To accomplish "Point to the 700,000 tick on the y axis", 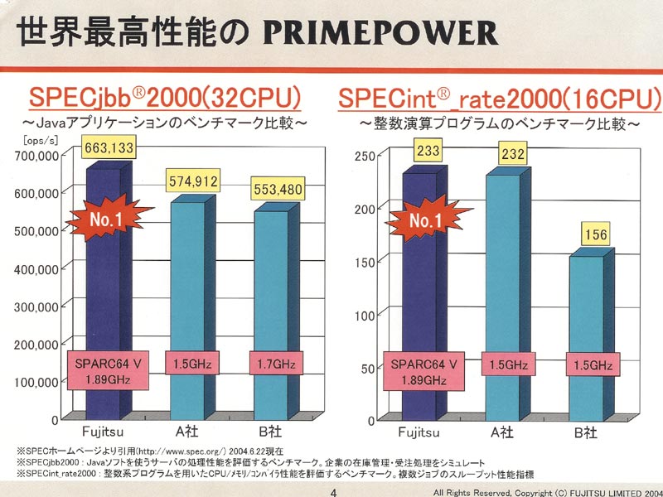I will point(35,155).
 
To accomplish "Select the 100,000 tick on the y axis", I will point(35,382).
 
